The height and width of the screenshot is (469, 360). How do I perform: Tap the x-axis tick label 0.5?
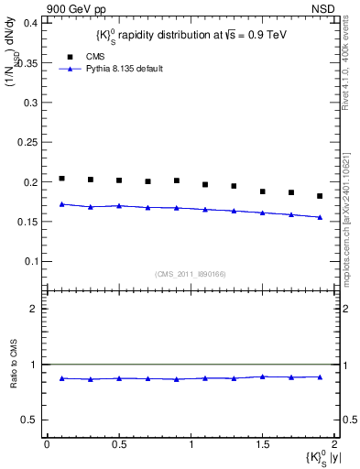point(118,445)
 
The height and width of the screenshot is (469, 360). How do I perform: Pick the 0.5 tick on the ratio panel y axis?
point(31,420)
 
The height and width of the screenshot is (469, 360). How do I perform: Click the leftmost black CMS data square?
point(61,179)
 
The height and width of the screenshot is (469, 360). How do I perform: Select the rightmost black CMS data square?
point(320,196)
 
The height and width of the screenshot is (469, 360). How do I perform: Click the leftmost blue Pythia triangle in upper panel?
point(61,204)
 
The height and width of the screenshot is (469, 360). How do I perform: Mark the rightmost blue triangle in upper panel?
point(320,217)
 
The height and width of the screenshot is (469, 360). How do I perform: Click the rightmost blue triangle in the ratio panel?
point(320,376)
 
